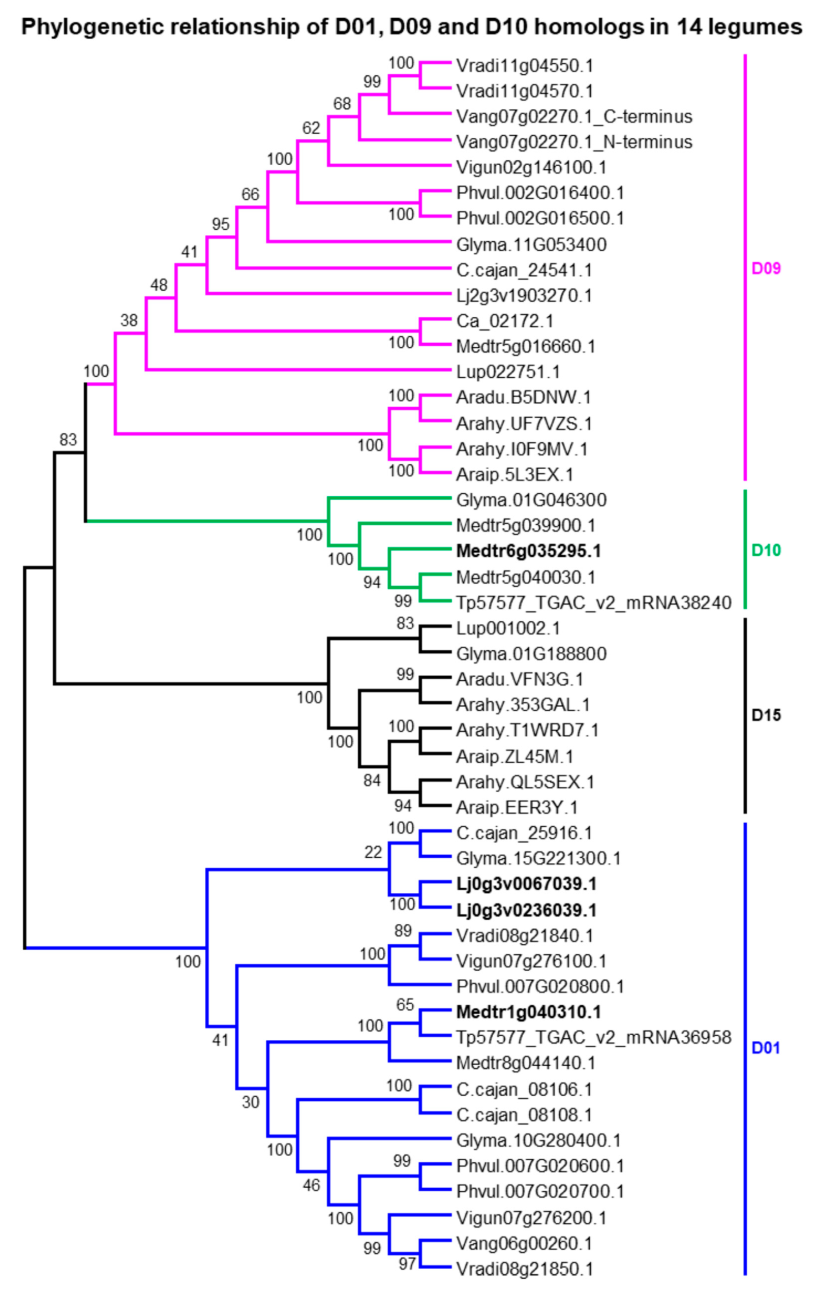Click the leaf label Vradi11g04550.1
pos(524,66)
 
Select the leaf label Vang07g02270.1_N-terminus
pos(574,142)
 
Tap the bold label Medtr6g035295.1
pos(528,551)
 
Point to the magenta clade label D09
pos(766,268)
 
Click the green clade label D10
pos(766,550)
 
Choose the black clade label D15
pos(766,715)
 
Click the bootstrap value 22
pos(373,852)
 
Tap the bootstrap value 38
pos(129,320)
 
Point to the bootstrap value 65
pos(405,1004)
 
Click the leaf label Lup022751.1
pos(508,372)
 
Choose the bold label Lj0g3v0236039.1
pos(526,910)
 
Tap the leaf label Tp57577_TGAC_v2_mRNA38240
pos(593,603)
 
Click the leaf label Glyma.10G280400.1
pos(538,1140)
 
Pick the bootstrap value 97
pos(407,1263)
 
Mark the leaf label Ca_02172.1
pos(504,321)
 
